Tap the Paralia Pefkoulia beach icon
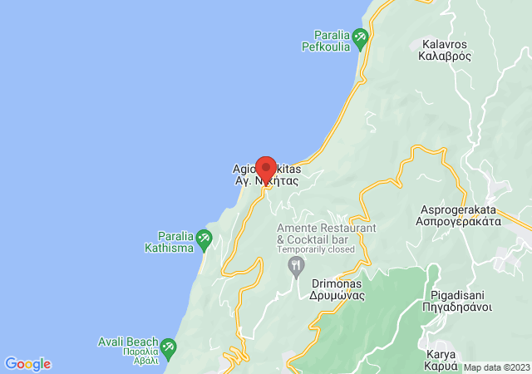pyautogui.click(x=360, y=37)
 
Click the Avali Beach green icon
pyautogui.click(x=167, y=346)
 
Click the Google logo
pyautogui.click(x=27, y=364)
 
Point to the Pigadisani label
pyautogui.click(x=461, y=295)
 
